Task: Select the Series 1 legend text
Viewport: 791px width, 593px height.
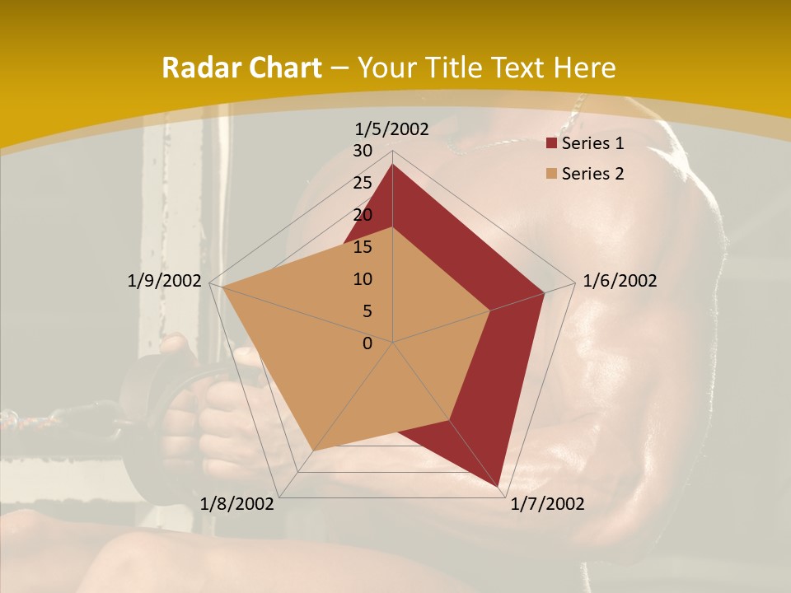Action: click(x=592, y=143)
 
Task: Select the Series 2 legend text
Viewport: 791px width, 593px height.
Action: click(x=592, y=174)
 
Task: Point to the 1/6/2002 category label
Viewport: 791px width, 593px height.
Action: click(x=620, y=281)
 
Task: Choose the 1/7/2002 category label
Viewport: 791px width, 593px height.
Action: click(x=547, y=504)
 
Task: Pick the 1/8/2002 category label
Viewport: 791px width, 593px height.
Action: click(x=237, y=504)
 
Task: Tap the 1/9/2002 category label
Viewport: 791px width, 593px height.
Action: click(x=164, y=281)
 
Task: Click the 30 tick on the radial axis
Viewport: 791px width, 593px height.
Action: click(x=363, y=151)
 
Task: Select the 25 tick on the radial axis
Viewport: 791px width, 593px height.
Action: click(x=363, y=183)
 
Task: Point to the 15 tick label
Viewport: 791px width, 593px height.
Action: click(x=363, y=247)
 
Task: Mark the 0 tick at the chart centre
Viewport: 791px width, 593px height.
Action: click(x=367, y=343)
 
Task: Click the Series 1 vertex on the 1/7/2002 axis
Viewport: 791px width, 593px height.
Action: click(x=499, y=486)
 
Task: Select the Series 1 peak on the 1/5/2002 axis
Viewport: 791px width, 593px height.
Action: click(x=393, y=165)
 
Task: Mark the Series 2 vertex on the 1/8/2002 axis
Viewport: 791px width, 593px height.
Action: click(x=313, y=451)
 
